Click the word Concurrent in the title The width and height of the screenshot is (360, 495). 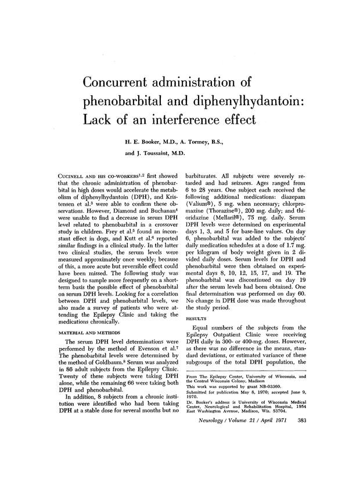pos(120,82)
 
